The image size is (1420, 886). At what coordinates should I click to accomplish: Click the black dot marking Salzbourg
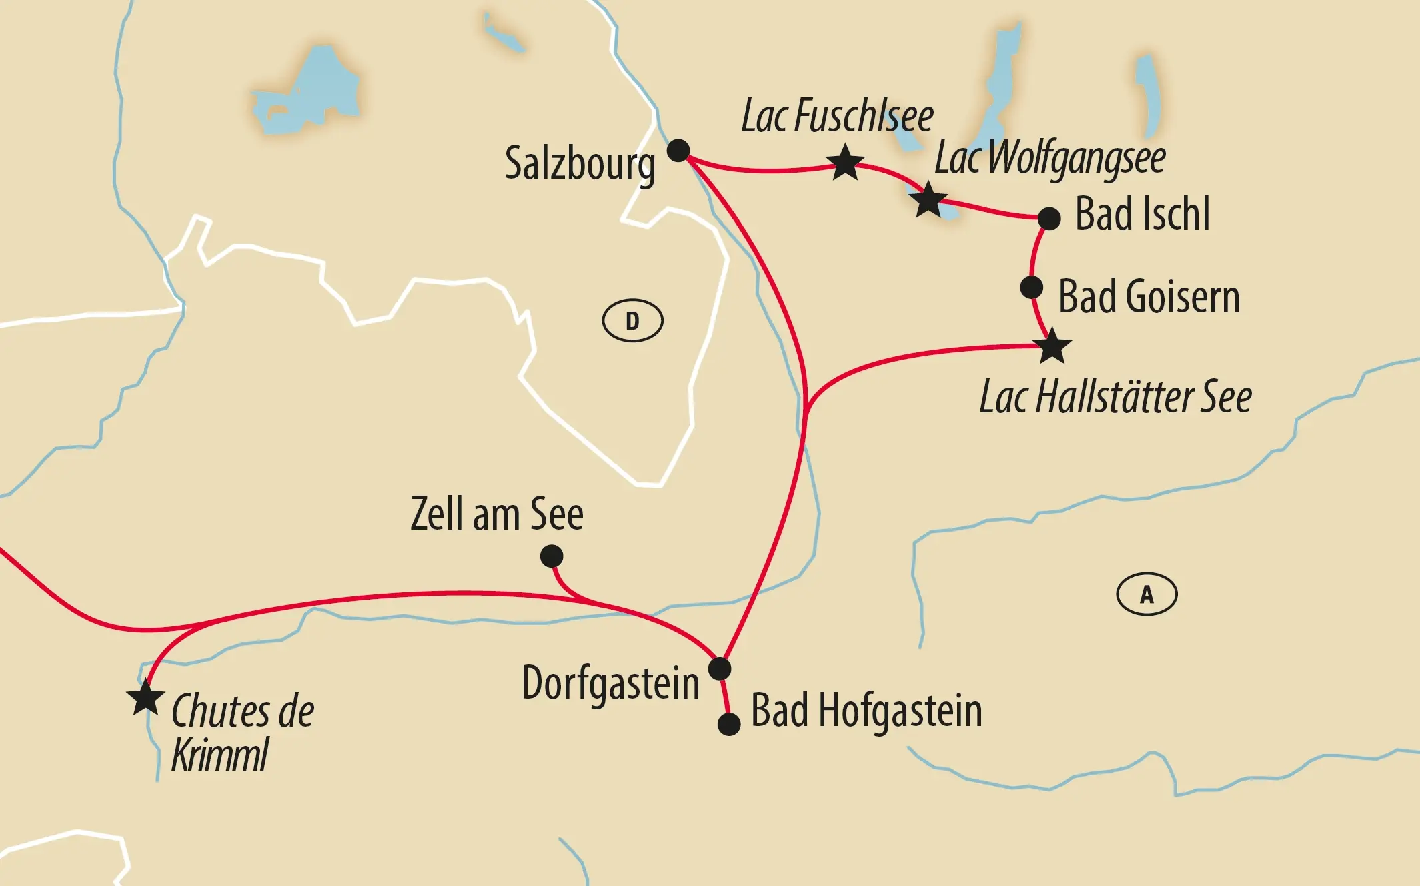coord(678,151)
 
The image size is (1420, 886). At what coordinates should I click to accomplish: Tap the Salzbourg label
coord(580,164)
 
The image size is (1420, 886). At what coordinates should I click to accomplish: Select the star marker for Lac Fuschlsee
coord(845,163)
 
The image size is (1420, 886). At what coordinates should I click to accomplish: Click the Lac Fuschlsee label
coord(837,117)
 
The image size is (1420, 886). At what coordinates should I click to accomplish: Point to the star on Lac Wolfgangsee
coord(928,199)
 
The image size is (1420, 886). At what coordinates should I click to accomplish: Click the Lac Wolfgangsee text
coord(1049,159)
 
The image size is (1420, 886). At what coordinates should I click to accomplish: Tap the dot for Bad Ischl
coord(1049,218)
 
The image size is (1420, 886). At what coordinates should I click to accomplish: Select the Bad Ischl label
coord(1142,215)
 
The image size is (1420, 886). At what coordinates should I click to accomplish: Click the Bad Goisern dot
coord(1031,288)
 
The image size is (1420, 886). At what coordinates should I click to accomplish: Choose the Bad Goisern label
coord(1149,297)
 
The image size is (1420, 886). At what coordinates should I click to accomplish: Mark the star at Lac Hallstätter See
coord(1052,346)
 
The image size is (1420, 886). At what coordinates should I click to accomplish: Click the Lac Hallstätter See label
coord(1115,398)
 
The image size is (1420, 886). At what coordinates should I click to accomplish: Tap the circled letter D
coord(632,321)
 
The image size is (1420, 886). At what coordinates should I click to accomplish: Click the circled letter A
coord(1146,594)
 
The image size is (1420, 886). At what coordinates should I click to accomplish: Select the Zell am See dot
coord(552,556)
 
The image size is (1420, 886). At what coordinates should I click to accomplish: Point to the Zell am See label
coord(496,514)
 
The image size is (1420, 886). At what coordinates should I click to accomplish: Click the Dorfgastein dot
coord(720,668)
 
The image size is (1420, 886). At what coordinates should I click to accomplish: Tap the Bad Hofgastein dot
coord(729,724)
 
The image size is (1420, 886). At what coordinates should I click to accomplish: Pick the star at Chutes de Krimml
coord(145,698)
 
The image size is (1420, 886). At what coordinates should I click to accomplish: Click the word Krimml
coord(220,755)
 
